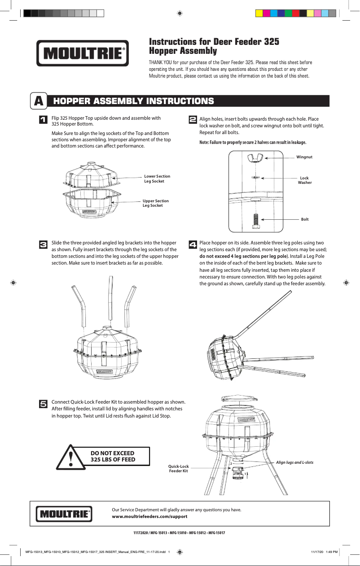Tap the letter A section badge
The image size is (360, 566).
click(x=39, y=101)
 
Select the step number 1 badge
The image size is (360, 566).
click(x=44, y=120)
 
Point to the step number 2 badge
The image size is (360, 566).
click(x=192, y=120)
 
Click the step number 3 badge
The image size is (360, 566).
click(x=44, y=244)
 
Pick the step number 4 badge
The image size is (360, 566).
click(x=192, y=244)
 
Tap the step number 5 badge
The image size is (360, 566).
click(x=44, y=404)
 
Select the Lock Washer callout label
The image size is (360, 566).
click(x=304, y=180)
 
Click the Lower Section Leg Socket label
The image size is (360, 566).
click(x=157, y=179)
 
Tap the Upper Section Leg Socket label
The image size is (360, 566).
click(x=155, y=203)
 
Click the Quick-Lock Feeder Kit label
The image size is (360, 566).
click(x=178, y=469)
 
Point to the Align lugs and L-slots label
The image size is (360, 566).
click(x=294, y=462)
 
